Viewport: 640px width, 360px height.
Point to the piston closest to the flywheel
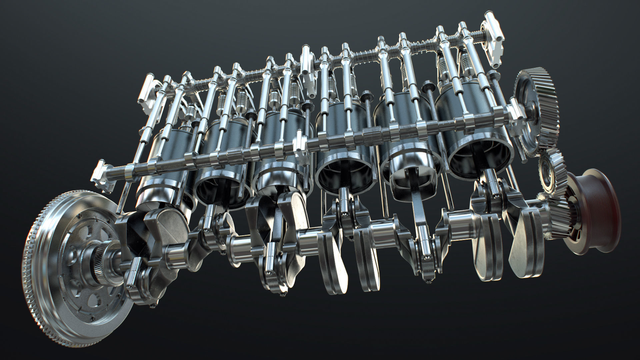[167, 167]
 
